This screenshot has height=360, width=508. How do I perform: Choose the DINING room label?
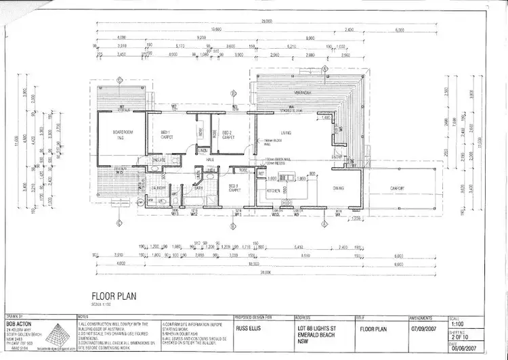339,188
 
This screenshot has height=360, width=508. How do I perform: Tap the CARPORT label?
398,188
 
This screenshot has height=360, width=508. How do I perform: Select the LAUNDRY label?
159,187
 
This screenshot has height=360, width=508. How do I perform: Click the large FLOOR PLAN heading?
114,295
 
